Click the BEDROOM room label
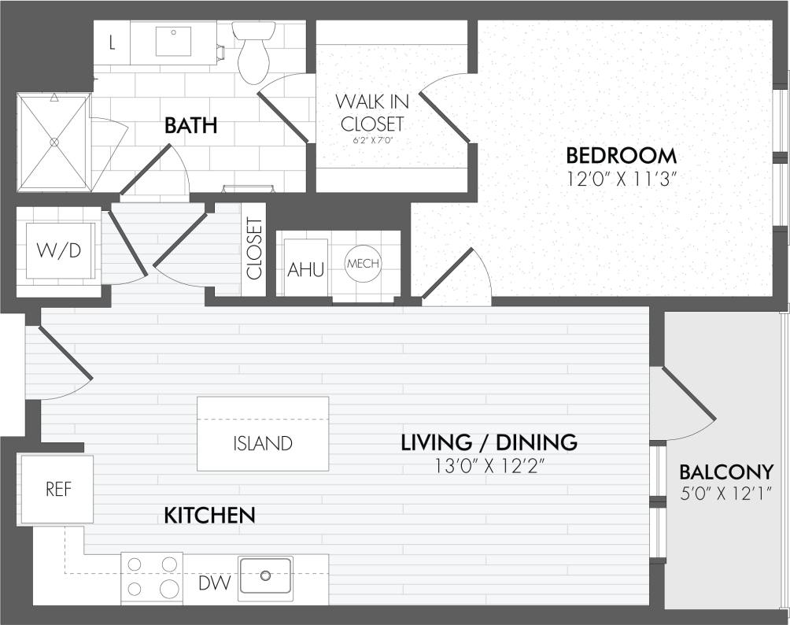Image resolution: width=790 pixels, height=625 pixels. click(621, 154)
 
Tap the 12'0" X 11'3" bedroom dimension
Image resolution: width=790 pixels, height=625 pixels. click(622, 179)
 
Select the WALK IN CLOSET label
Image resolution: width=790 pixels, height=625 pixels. click(371, 113)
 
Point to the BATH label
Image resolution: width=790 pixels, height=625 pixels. click(190, 126)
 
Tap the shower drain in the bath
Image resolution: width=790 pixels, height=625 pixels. click(54, 142)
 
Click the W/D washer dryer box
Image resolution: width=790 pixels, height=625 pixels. click(60, 250)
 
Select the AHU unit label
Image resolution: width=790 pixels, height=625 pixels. click(305, 269)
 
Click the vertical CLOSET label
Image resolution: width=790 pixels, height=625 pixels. click(254, 249)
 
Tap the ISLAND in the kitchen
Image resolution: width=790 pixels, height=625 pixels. click(262, 443)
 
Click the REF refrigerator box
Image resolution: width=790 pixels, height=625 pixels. click(58, 489)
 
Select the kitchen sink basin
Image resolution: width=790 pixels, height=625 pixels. click(265, 575)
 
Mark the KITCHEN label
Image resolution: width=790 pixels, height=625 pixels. click(209, 516)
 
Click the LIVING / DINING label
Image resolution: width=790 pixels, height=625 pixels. click(489, 442)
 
